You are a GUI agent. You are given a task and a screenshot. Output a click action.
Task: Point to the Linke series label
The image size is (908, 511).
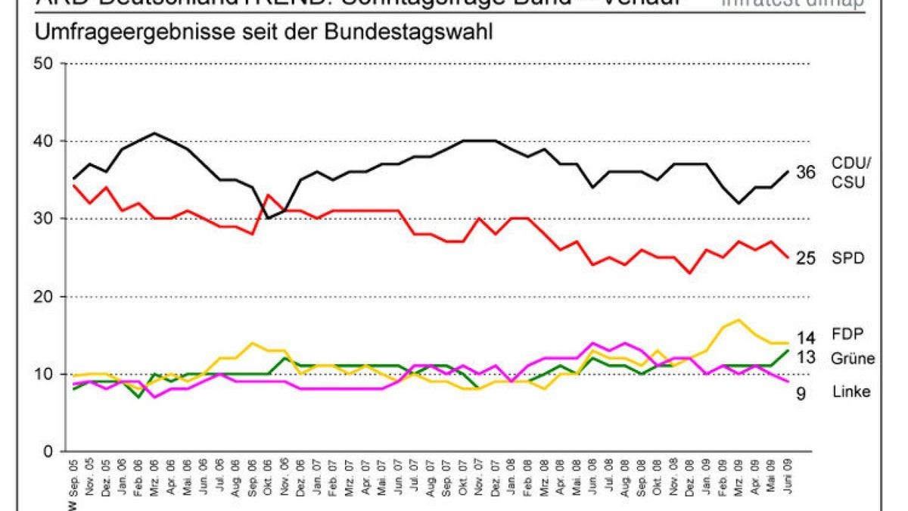point(850,391)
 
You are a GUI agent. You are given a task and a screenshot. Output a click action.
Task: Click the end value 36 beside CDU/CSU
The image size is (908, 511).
point(804,173)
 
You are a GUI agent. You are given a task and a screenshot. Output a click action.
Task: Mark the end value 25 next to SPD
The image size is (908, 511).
point(804,258)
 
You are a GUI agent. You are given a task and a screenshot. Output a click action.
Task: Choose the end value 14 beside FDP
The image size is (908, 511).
point(804,338)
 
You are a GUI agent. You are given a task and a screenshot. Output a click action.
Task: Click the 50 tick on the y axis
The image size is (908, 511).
point(46,64)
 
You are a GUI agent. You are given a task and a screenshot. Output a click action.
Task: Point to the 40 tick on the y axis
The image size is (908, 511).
point(46,142)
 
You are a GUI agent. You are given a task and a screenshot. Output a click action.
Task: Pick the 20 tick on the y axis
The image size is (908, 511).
point(46,297)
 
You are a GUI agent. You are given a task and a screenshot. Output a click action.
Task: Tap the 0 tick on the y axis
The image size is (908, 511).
point(51,452)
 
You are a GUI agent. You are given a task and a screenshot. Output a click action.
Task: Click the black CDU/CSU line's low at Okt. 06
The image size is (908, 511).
point(268,218)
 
